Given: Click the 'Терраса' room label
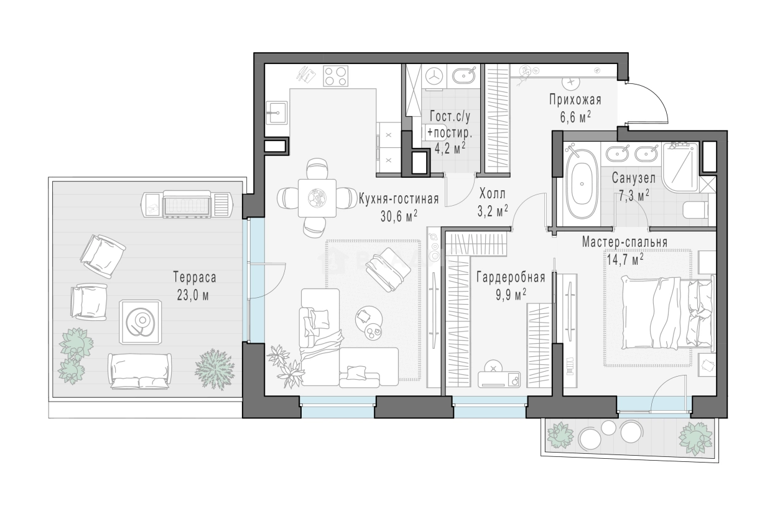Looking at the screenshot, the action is tap(195, 278).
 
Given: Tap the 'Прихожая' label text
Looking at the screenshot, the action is tap(575, 100).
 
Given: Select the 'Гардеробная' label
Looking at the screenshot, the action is tap(511, 278).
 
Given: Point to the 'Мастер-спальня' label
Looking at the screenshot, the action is tap(624, 242).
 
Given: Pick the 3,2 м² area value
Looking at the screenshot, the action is tap(492, 211).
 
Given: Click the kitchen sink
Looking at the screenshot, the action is tap(277, 113).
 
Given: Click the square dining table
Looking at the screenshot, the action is tap(317, 198).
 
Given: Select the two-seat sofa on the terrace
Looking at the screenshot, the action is tap(140, 371).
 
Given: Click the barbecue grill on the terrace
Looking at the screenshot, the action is tap(187, 204).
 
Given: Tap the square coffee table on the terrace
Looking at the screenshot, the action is tap(141, 323).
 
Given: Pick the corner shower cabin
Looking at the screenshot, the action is tap(680, 167).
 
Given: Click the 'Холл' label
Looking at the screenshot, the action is tap(492, 193).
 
